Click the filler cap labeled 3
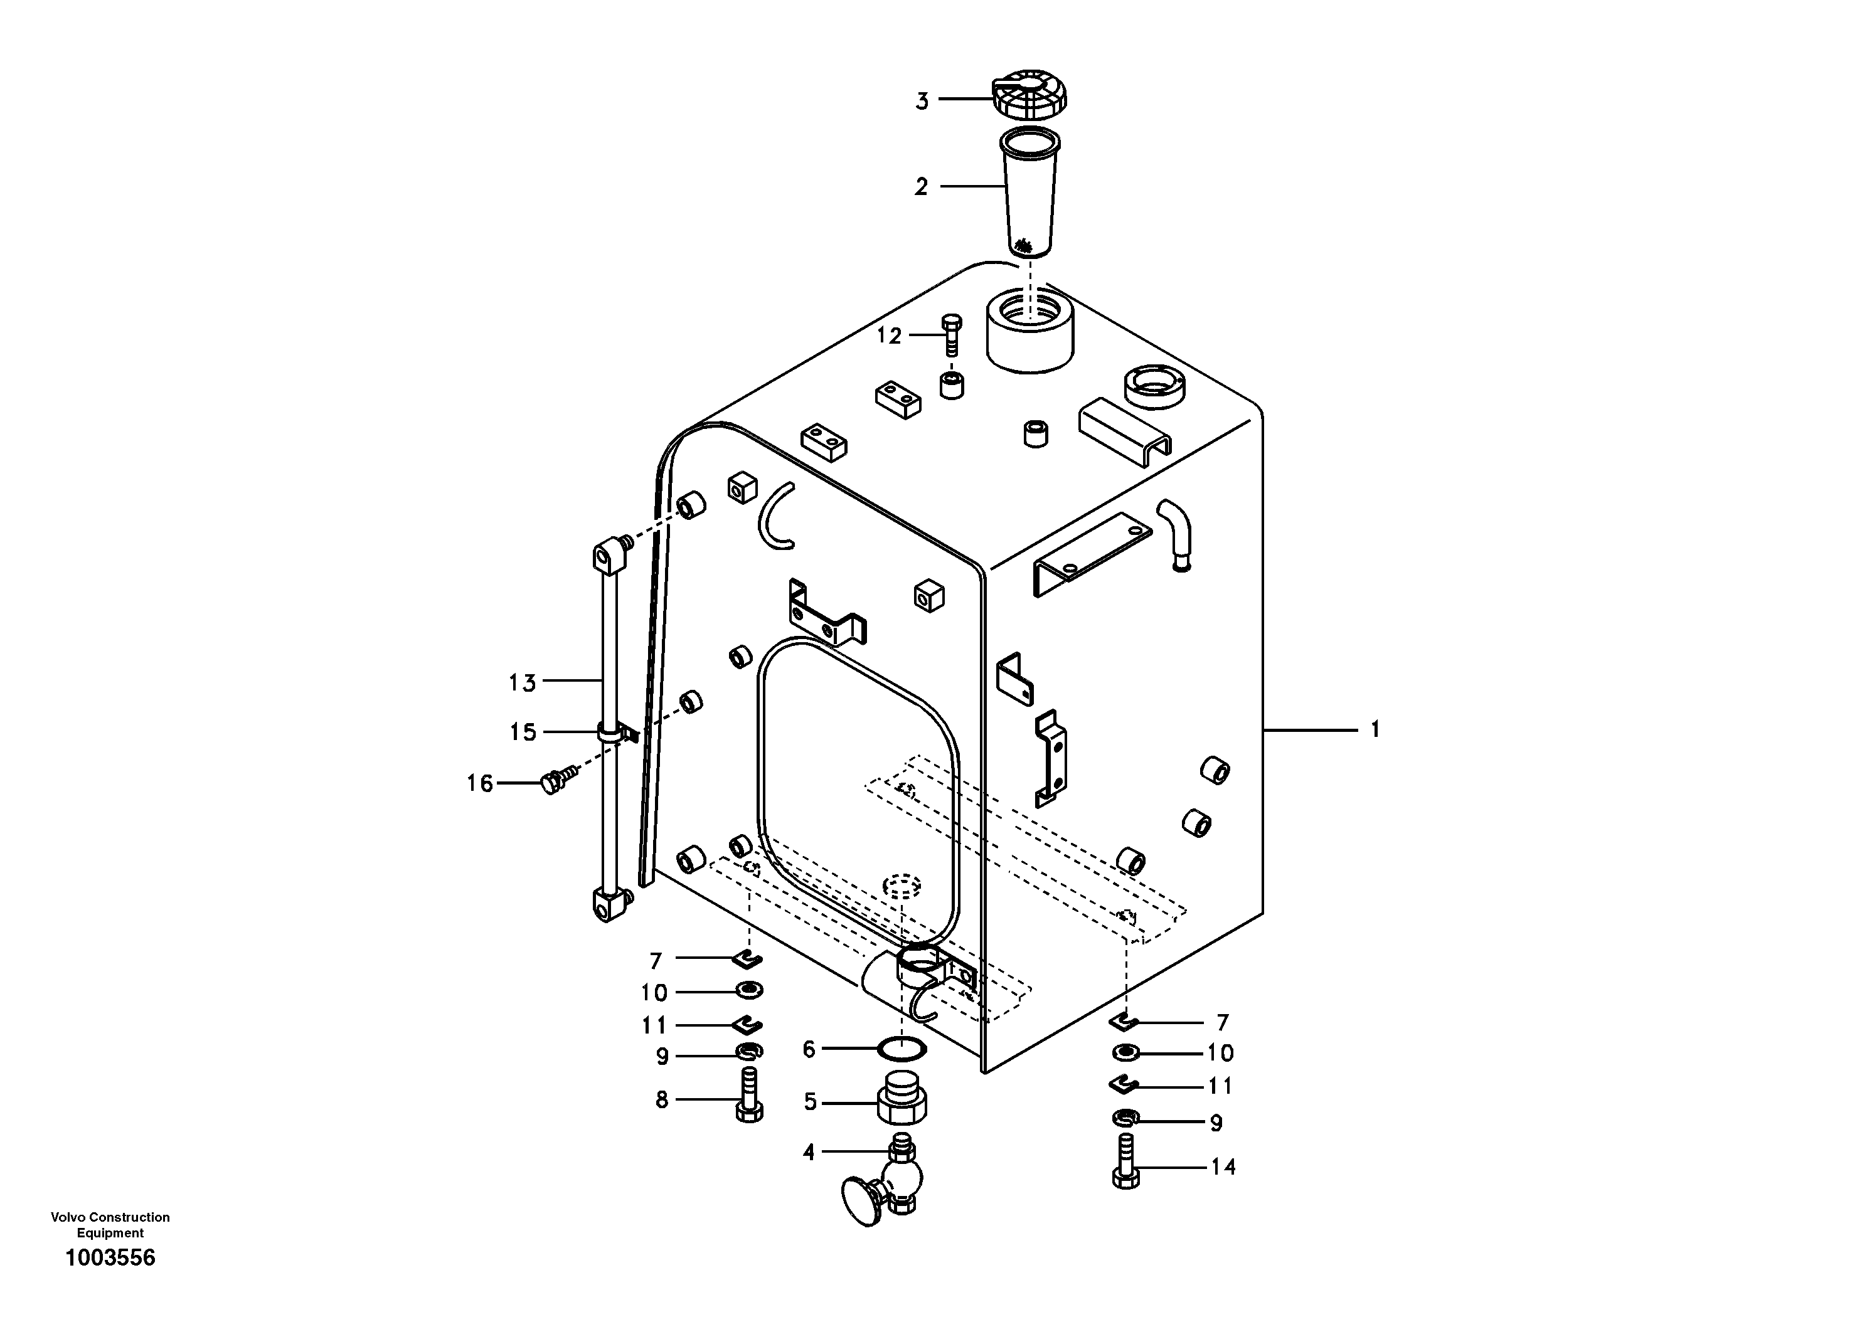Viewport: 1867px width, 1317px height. pyautogui.click(x=1029, y=99)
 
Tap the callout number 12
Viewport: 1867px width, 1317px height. pyautogui.click(x=889, y=336)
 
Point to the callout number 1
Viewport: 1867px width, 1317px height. pyautogui.click(x=1375, y=729)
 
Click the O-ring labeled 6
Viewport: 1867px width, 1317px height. pyautogui.click(x=903, y=1049)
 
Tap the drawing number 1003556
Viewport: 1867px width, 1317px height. pyautogui.click(x=110, y=1257)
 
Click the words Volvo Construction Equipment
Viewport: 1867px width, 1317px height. pyautogui.click(x=110, y=1224)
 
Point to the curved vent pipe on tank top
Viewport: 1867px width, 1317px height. pyautogui.click(x=1176, y=532)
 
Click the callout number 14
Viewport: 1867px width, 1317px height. pyautogui.click(x=1223, y=1167)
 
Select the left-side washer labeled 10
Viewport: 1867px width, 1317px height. pyautogui.click(x=747, y=990)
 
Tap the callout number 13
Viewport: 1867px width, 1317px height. pyautogui.click(x=523, y=683)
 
